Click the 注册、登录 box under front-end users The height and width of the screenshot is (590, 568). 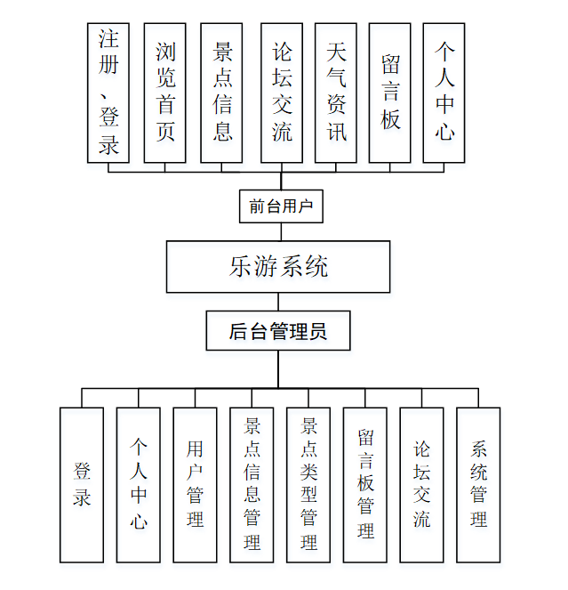click(108, 93)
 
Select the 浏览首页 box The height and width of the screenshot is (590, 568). click(164, 93)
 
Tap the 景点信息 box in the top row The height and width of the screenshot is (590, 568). click(222, 93)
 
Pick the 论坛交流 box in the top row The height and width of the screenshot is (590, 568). click(282, 93)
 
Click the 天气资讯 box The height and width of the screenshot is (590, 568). click(336, 93)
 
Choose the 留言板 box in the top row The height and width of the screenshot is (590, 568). click(390, 93)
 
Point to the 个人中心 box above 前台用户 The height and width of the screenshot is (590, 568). click(444, 93)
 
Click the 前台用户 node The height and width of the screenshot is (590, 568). click(281, 206)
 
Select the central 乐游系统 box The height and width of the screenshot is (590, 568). click(278, 266)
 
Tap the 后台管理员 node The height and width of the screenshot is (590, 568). click(278, 331)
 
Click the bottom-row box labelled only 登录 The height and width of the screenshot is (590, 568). click(82, 485)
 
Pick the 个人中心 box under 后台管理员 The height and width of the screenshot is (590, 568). click(139, 485)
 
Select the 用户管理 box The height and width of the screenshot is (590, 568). click(196, 485)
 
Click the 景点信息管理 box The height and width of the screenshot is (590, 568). click(252, 485)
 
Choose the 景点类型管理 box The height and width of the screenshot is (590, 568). click(308, 485)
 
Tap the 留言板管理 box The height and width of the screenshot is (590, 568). click(365, 485)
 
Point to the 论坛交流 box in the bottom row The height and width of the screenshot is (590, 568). click(422, 485)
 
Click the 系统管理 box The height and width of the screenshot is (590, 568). click(478, 485)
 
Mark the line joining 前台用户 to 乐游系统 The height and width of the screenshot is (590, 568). click(281, 231)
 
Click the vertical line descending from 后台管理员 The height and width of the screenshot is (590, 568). click(278, 369)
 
